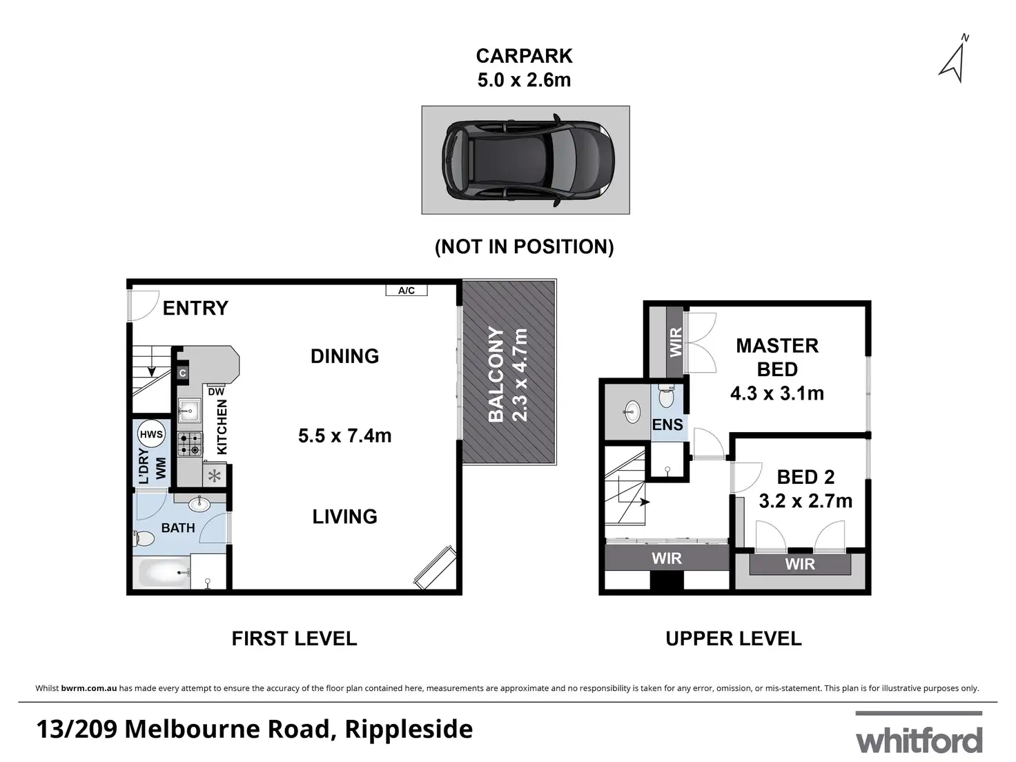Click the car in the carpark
(528, 161)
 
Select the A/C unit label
(407, 291)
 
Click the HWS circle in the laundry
(151, 434)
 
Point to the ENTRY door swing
(144, 305)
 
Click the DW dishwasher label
(216, 391)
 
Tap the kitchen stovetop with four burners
(190, 444)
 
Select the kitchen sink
(189, 409)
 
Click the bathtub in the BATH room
(162, 572)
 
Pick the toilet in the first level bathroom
(144, 538)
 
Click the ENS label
(667, 424)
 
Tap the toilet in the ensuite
(666, 396)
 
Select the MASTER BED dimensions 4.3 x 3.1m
(777, 393)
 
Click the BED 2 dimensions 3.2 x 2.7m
(805, 500)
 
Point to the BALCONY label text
(496, 374)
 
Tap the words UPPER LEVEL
(734, 638)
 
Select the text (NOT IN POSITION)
(525, 246)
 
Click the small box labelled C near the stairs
(183, 373)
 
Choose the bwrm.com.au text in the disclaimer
(89, 688)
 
